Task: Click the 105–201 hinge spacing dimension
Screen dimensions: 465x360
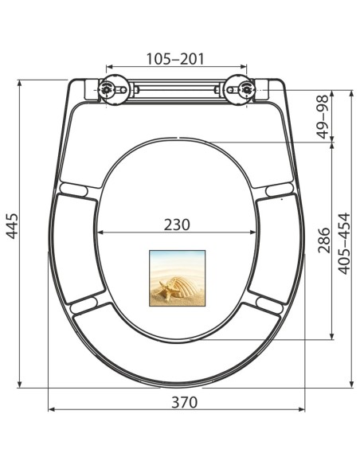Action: tap(176, 58)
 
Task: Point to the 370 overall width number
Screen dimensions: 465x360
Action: tap(184, 402)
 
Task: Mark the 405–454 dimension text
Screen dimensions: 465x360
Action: tap(344, 243)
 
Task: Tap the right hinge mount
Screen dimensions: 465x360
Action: tap(239, 91)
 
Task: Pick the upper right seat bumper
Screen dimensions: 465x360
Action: tap(279, 190)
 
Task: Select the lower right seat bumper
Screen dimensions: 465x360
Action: tap(268, 303)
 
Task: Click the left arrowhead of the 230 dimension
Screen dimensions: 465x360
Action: tap(100, 233)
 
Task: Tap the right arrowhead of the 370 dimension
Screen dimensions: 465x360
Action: tap(303, 410)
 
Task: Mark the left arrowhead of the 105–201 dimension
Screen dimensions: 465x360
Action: tap(109, 68)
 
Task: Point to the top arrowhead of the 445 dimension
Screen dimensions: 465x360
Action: tap(19, 82)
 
